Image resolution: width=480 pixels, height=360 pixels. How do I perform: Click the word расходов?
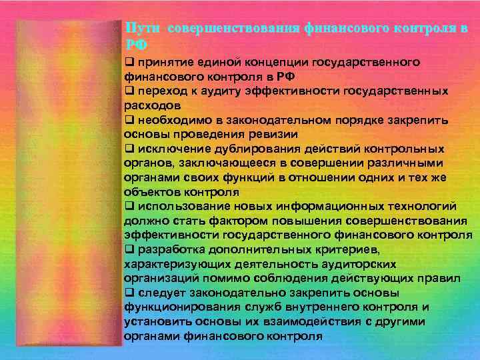pos(151,105)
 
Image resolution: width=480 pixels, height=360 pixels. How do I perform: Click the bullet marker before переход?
pos(129,91)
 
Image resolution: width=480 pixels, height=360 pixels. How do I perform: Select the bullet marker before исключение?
pos(129,149)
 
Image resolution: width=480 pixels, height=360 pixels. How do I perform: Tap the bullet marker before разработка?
pos(129,249)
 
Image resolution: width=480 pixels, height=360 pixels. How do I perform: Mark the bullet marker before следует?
pos(129,293)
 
